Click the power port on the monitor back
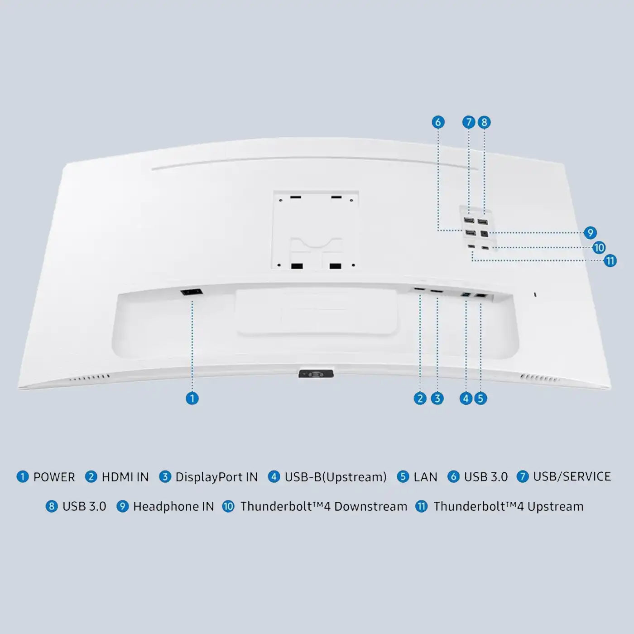[191, 292]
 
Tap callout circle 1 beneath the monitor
[192, 399]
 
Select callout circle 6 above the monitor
[438, 122]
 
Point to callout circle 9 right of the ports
[590, 233]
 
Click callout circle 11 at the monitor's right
[610, 261]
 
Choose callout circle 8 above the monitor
[484, 122]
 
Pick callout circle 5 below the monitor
[480, 399]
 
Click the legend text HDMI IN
[125, 477]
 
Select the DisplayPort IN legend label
[216, 477]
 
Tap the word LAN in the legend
[425, 477]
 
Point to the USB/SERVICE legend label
[572, 477]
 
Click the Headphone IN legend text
[173, 506]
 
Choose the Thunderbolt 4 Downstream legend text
[324, 506]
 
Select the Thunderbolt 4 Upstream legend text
[508, 506]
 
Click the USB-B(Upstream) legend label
[336, 477]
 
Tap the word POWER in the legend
[54, 477]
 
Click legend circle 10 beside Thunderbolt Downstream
[228, 506]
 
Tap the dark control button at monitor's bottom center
[316, 374]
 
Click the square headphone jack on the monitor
[484, 234]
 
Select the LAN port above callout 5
[480, 296]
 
